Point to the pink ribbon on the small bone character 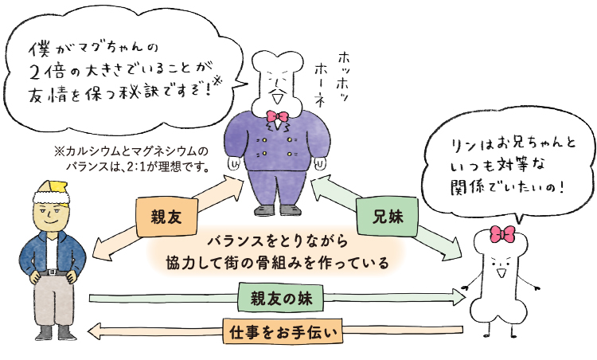coord(502,233)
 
